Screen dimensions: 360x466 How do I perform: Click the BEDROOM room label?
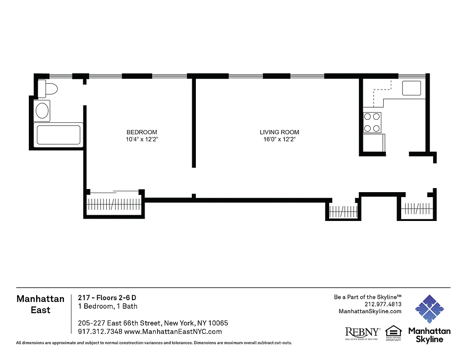pos(142,132)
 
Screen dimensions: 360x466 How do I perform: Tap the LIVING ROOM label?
pos(279,132)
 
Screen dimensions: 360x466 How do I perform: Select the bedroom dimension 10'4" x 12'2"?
pos(142,139)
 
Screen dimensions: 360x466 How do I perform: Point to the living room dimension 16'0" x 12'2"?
pos(279,139)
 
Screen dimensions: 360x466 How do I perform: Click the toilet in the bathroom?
pos(47,89)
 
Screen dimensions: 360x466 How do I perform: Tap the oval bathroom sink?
pos(43,111)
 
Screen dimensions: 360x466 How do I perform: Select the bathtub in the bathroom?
pos(58,135)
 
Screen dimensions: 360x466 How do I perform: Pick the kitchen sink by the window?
pos(412,88)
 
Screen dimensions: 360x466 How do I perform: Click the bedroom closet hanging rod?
pos(114,204)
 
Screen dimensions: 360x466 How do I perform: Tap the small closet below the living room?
pos(343,211)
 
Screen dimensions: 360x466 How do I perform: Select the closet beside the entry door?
pos(416,209)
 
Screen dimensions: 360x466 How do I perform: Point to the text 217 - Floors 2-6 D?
pos(107,298)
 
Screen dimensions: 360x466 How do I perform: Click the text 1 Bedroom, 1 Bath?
pos(108,306)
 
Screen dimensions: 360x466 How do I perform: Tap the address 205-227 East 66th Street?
pos(153,323)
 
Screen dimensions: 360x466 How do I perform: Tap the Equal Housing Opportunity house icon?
pos(393,331)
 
